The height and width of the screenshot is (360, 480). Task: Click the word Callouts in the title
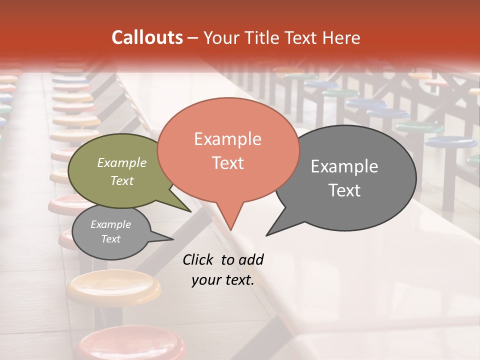point(147,37)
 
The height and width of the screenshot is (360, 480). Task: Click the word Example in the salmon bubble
point(227,139)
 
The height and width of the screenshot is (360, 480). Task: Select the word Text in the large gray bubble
point(344,190)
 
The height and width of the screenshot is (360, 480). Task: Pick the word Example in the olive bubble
point(122,163)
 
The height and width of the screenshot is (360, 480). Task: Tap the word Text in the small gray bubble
point(111,239)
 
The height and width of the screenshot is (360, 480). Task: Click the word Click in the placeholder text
point(198,259)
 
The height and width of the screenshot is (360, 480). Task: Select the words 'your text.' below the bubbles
point(223,279)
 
